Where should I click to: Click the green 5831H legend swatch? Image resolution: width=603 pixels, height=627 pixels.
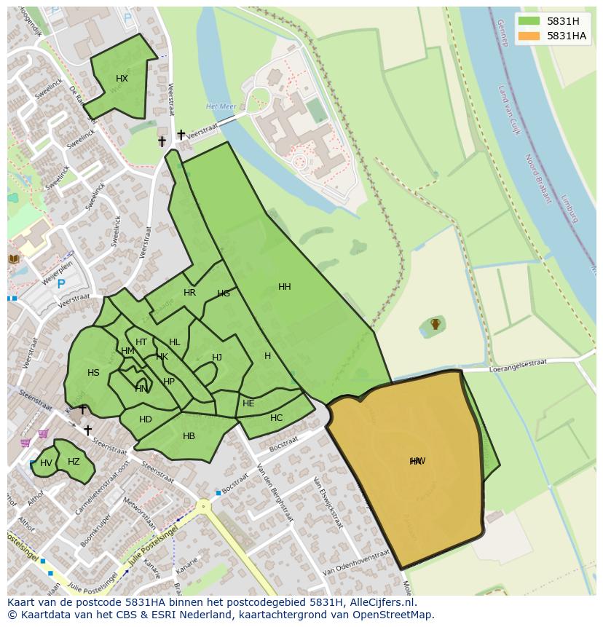click(529, 21)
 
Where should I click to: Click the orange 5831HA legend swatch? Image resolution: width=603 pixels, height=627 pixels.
click(529, 36)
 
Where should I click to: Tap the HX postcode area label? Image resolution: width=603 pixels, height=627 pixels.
click(122, 79)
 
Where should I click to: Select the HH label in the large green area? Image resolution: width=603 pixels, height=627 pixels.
click(285, 287)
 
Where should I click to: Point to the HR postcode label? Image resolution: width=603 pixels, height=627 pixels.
click(189, 293)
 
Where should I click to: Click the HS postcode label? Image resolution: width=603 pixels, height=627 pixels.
click(93, 373)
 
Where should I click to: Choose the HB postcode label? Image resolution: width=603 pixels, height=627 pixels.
click(189, 436)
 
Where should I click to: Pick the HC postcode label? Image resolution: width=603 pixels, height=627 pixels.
click(276, 418)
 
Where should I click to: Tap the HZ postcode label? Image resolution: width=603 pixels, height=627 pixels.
click(74, 462)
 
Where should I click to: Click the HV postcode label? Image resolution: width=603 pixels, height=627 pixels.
click(46, 463)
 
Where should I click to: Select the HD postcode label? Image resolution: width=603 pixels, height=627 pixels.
click(146, 419)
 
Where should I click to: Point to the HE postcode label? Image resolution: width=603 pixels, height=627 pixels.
click(248, 403)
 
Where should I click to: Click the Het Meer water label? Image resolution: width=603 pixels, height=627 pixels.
click(221, 106)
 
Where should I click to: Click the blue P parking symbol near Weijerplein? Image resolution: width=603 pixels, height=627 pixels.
click(61, 284)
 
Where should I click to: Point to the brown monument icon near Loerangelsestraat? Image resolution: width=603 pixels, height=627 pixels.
click(435, 324)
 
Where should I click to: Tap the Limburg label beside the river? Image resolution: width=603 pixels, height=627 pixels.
click(569, 208)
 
